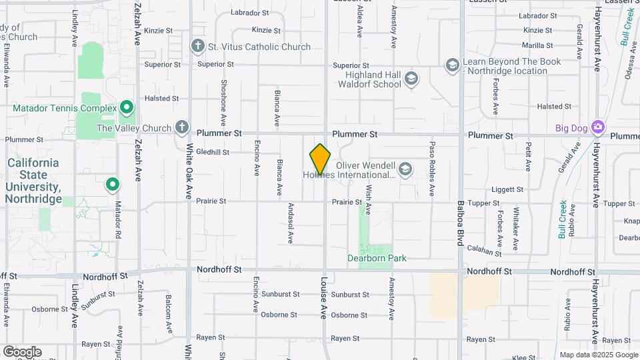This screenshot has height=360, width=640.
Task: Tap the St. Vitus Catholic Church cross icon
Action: tap(197, 47)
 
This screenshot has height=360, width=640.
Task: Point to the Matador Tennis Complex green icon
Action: tap(127, 108)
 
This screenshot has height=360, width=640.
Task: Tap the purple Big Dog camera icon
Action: tap(597, 127)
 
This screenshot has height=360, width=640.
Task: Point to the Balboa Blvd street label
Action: tap(460, 224)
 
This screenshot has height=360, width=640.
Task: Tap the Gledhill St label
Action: tap(213, 152)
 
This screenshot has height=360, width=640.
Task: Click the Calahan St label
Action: tap(484, 251)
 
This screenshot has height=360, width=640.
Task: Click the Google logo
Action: tap(22, 352)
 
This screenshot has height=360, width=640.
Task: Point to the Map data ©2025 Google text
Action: tap(598, 355)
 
